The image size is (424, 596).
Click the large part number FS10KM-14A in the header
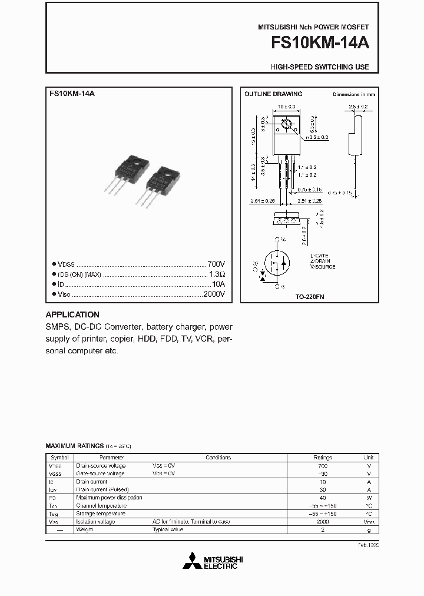click(x=320, y=44)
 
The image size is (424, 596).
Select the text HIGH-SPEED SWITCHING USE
click(x=320, y=67)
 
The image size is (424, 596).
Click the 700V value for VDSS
click(x=216, y=264)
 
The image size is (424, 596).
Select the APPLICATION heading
click(x=72, y=314)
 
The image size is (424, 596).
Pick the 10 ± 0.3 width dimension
click(x=286, y=107)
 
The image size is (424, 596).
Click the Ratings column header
click(x=322, y=458)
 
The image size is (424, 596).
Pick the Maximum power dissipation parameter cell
click(x=109, y=498)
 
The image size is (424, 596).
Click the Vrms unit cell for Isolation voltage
click(x=369, y=522)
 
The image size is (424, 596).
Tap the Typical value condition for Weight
click(x=168, y=529)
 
